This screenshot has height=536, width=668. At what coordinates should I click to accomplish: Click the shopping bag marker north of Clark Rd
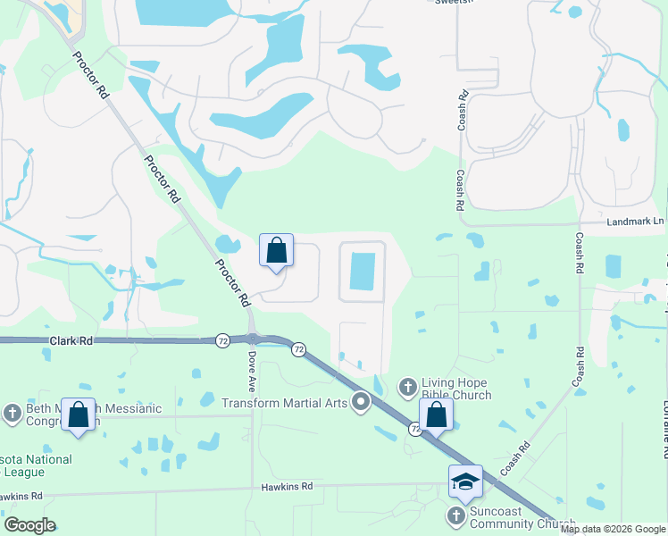[x=276, y=250]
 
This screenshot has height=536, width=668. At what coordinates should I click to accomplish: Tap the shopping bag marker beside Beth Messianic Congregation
[x=78, y=415]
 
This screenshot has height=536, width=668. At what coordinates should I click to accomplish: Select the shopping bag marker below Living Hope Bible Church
[x=436, y=415]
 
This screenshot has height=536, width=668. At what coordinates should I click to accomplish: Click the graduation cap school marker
[x=465, y=482]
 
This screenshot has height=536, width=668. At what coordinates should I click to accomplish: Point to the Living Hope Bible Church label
[x=458, y=389]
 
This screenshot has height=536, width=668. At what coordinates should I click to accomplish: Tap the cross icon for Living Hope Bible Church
[x=407, y=387]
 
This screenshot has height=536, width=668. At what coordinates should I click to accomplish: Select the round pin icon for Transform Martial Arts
[x=361, y=403]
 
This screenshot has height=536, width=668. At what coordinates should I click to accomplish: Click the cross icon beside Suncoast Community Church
[x=456, y=516]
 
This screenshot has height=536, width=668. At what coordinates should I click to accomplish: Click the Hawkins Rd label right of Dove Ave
[x=288, y=486]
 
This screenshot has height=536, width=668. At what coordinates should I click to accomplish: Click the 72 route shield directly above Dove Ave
[x=221, y=340]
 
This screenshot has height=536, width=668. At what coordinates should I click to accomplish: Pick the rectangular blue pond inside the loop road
[x=363, y=271]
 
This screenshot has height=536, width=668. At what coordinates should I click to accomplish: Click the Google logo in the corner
[x=30, y=525]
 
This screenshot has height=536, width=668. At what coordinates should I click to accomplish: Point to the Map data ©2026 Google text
[x=613, y=529]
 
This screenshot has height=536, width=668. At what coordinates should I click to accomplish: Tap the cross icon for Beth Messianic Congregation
[x=12, y=413]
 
